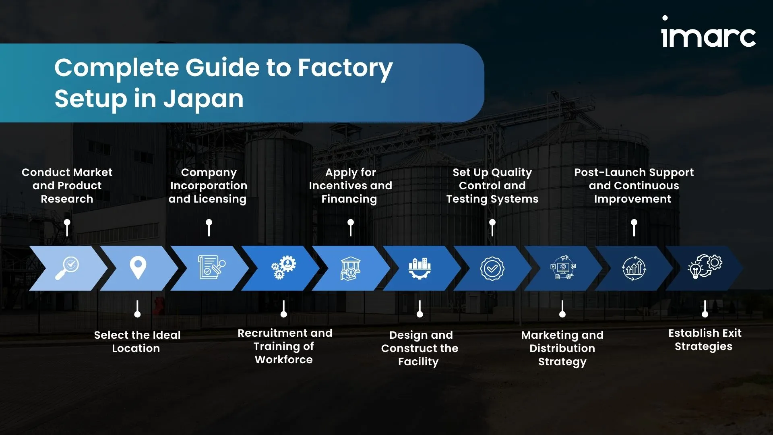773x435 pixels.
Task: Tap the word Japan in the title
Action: (x=203, y=99)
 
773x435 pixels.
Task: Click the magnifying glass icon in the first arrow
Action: (x=67, y=268)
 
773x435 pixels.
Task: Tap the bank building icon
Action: (x=350, y=268)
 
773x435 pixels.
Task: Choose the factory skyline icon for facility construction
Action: (x=420, y=268)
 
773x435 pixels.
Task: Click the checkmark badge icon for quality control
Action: (x=492, y=268)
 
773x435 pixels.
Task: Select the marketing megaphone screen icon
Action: (x=563, y=267)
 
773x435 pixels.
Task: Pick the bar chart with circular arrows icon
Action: (x=634, y=268)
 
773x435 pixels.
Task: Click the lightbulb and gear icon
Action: (x=705, y=267)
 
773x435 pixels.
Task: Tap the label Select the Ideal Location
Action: (x=137, y=342)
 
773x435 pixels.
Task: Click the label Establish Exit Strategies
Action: (x=705, y=340)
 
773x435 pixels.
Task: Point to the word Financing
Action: (x=349, y=199)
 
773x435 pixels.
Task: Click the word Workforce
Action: (x=283, y=360)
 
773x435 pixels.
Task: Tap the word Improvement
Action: (x=632, y=199)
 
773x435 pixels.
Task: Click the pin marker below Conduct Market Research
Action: (x=67, y=228)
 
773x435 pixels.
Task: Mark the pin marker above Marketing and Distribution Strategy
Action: (x=562, y=309)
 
